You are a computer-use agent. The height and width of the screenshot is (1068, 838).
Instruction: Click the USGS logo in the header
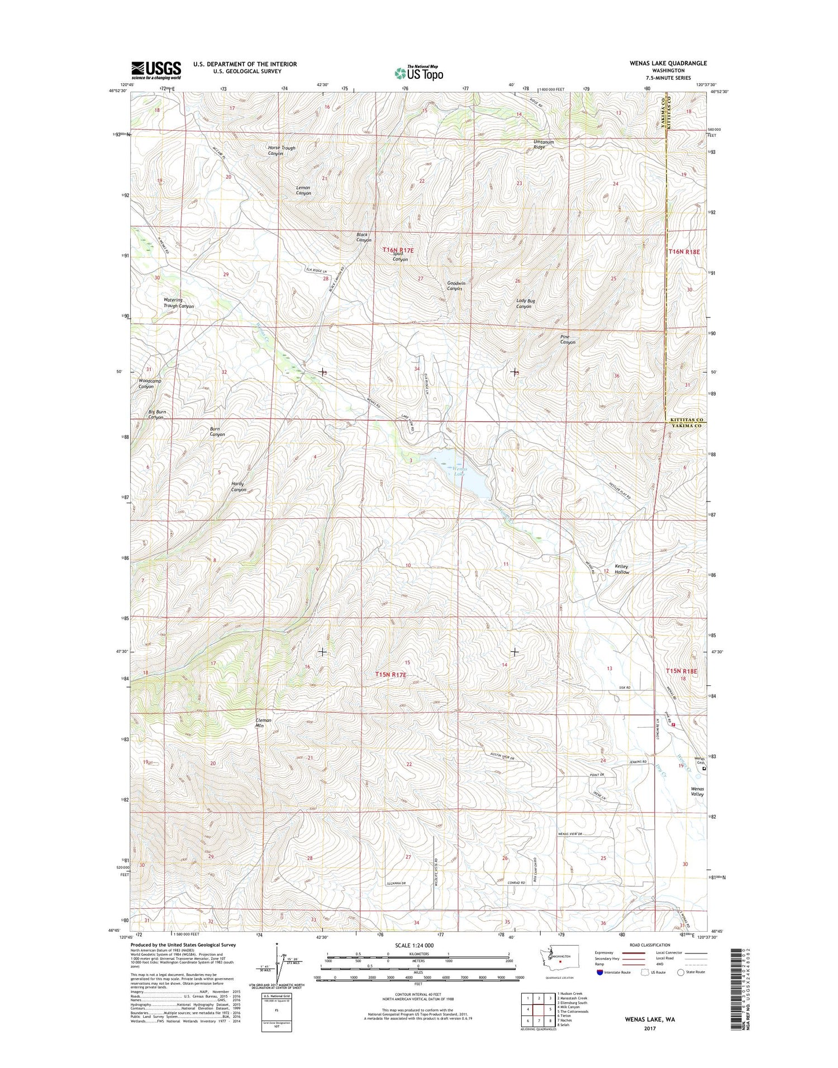click(x=156, y=70)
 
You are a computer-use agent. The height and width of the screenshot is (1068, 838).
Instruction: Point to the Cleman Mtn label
click(x=263, y=723)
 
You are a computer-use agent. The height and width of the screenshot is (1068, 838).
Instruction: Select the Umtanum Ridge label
click(x=543, y=144)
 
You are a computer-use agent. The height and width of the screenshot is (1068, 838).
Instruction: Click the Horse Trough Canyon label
click(x=282, y=151)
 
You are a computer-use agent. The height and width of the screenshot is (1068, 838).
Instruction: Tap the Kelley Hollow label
click(x=622, y=569)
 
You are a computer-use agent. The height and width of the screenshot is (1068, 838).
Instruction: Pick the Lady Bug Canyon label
click(x=525, y=304)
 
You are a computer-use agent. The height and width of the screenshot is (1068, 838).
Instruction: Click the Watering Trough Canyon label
click(x=178, y=303)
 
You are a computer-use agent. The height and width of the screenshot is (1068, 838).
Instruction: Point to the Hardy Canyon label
click(x=239, y=487)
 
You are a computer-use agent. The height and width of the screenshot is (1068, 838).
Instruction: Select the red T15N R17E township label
click(x=398, y=675)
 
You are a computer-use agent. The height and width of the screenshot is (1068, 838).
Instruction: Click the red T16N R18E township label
click(x=684, y=252)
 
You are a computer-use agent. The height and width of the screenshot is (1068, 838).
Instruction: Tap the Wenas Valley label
click(x=697, y=791)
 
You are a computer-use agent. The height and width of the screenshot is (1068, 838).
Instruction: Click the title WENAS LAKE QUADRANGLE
click(x=660, y=63)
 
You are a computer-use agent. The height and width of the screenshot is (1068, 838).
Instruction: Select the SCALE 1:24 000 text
click(x=418, y=945)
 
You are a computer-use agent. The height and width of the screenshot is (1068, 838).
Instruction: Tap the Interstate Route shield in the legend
click(x=601, y=972)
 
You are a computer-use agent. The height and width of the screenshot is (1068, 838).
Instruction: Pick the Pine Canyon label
click(x=568, y=340)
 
